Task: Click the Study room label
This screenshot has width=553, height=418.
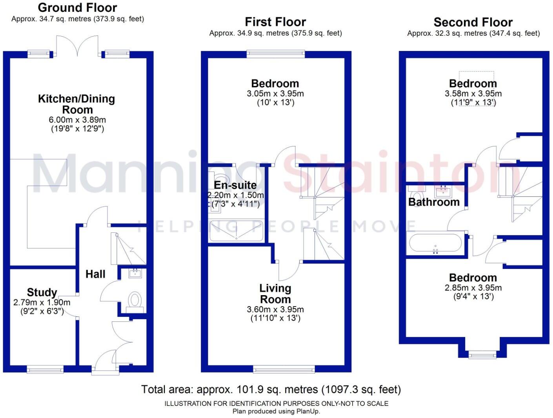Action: pos(42,292)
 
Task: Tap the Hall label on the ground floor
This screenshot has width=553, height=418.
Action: pos(95,274)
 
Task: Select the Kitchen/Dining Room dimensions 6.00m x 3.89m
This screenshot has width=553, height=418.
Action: pos(77,120)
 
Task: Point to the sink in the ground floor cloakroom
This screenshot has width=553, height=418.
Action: pos(135,273)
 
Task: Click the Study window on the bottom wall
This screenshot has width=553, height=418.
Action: pos(45,369)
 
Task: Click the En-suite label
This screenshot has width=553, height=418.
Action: pos(235,185)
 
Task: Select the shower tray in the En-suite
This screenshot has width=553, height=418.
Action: pos(236,231)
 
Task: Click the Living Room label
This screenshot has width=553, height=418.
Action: pos(275,294)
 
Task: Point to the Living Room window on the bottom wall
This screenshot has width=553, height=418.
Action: pos(284,369)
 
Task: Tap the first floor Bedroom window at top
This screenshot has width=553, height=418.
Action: pos(276,54)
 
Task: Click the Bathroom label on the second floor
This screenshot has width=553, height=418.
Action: pos(434,202)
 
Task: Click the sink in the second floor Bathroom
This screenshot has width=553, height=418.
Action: pos(444,192)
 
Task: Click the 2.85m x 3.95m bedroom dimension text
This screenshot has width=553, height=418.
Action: pos(473,288)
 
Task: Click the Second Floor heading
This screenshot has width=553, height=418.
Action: pos(473,22)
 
